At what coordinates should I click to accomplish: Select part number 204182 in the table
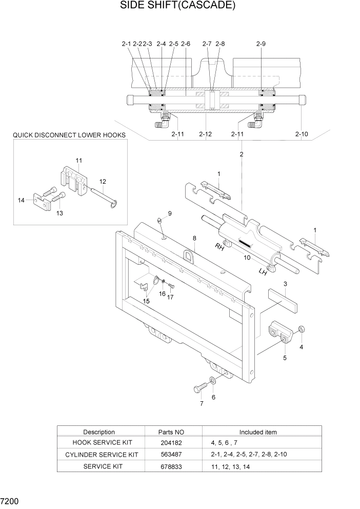(x=171, y=442)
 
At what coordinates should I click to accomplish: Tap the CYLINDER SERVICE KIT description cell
(x=102, y=455)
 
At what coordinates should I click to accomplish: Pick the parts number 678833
(x=171, y=466)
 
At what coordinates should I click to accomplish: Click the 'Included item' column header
(x=257, y=432)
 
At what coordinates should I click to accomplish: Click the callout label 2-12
(x=205, y=134)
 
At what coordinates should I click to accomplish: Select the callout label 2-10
(x=302, y=134)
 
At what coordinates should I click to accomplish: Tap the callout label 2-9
(x=261, y=44)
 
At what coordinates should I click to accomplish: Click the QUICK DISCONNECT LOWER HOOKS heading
(x=69, y=135)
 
